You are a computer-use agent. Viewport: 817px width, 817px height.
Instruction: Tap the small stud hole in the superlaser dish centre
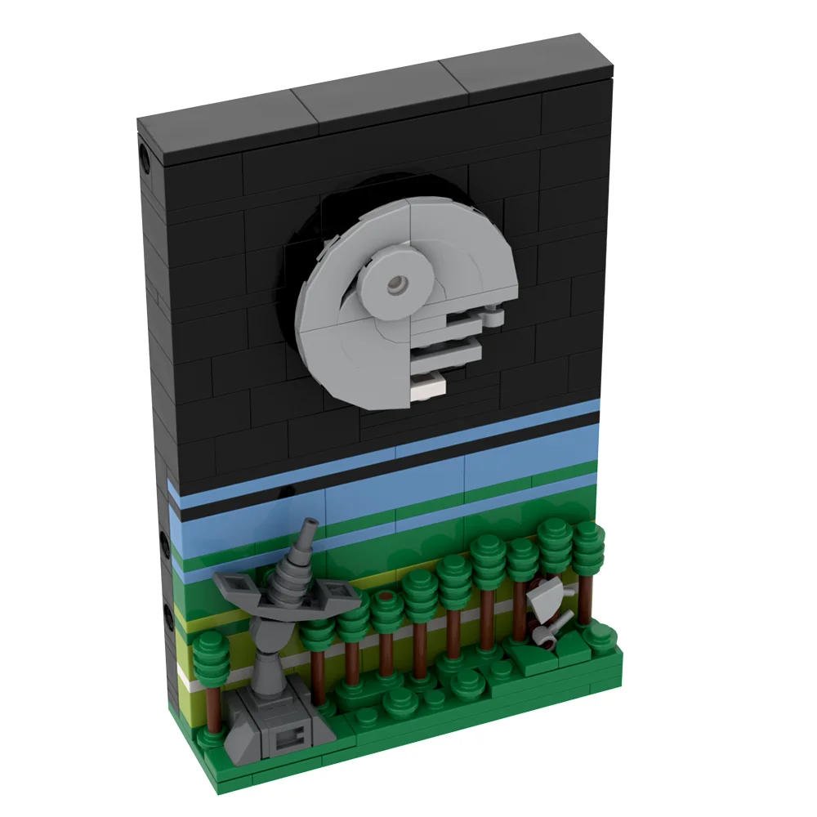coord(398,283)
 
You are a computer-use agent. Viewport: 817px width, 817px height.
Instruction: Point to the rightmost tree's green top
coord(587,543)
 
